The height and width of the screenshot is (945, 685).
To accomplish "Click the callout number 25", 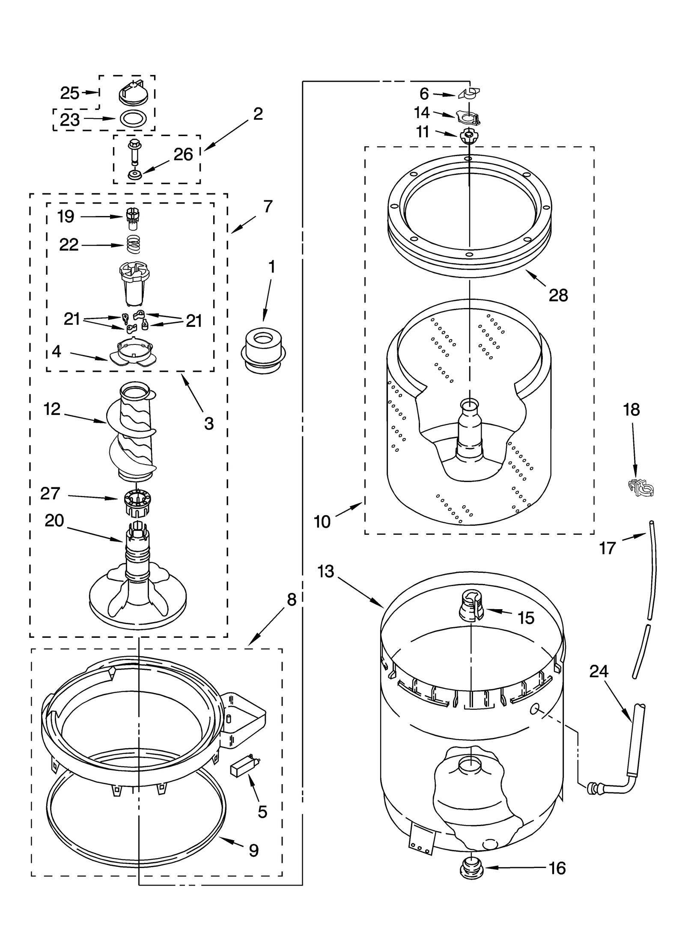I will tap(70, 93).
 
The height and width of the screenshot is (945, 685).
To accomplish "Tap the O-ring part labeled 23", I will tap(132, 118).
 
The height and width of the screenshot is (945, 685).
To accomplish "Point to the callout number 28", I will tap(558, 295).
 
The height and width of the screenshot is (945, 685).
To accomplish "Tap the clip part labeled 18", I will tap(641, 489).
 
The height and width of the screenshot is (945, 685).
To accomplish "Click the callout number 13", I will tap(326, 572).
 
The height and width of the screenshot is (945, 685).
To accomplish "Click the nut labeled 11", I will tap(469, 136).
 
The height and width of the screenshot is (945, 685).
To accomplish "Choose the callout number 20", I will tap(54, 521).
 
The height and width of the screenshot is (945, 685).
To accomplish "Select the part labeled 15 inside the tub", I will tap(471, 606).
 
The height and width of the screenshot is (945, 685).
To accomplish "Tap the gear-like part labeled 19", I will tap(133, 218).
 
